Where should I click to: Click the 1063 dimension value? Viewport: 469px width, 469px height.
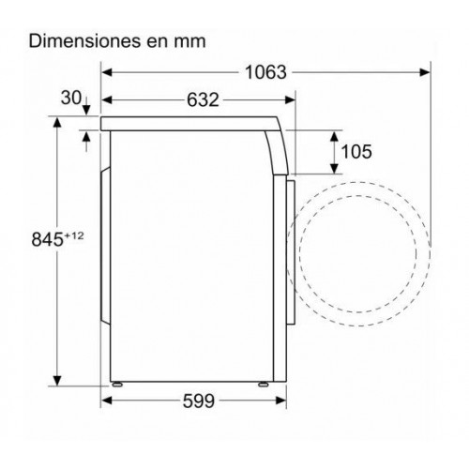tap(265, 72)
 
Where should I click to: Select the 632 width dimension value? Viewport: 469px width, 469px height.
tap(203, 100)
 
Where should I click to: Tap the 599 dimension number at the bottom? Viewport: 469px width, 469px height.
tap(199, 401)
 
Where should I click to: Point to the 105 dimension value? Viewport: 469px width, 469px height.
tap(356, 152)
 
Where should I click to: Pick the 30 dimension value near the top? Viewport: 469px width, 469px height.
tap(71, 98)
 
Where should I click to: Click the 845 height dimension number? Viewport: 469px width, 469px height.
tap(48, 239)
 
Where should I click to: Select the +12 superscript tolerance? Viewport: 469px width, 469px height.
tap(74, 235)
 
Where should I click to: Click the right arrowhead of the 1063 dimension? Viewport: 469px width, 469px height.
tap(425, 72)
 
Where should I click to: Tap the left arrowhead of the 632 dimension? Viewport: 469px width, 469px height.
tap(107, 100)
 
